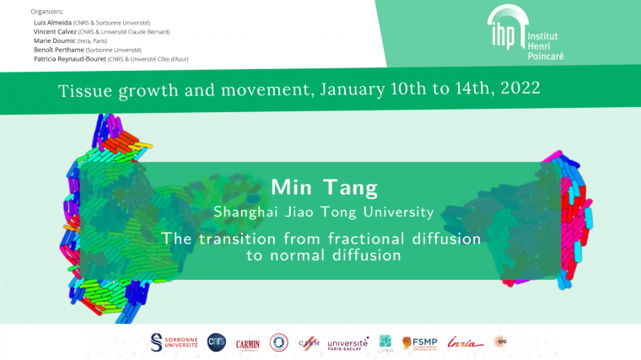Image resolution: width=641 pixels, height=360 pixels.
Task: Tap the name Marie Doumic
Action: (x=52, y=40)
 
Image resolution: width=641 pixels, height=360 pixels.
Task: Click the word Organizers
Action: (x=47, y=12)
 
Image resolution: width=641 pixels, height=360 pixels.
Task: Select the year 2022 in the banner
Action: (x=513, y=88)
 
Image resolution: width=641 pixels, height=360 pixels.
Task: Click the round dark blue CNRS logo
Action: (x=217, y=341)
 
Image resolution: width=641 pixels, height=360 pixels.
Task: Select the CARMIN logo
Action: (x=248, y=341)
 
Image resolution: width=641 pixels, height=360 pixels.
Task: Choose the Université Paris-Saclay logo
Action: (x=347, y=342)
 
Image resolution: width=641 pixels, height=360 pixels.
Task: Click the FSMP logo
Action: (x=418, y=342)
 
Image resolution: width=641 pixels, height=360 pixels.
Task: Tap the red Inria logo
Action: (x=466, y=342)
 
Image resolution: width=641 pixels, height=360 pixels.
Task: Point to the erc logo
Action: (x=501, y=341)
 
